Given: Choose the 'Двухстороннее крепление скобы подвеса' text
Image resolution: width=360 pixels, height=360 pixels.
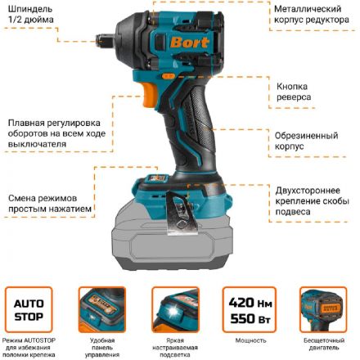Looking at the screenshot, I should coord(315,200).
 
